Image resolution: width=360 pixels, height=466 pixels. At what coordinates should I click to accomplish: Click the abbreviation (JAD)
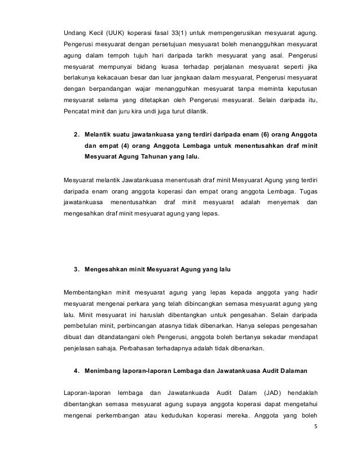[273, 392]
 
